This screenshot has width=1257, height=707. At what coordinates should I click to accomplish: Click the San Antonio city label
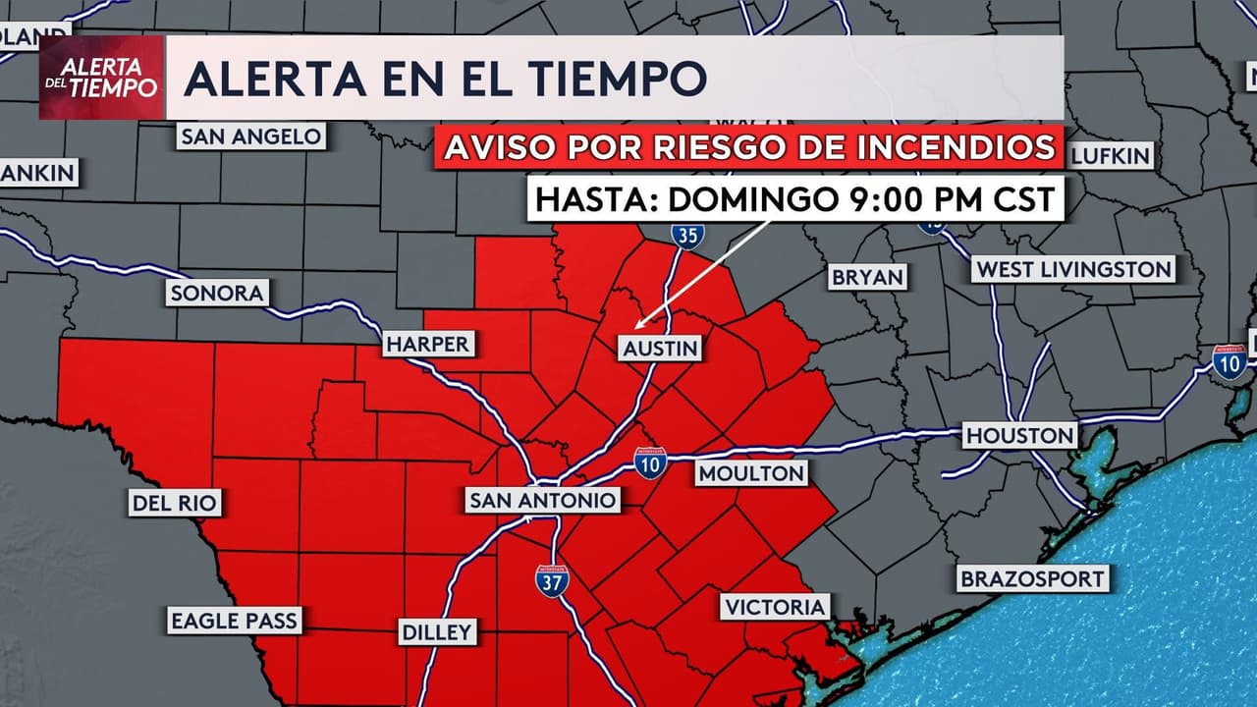pos(543,501)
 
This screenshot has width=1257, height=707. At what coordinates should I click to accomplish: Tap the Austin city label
pos(660,348)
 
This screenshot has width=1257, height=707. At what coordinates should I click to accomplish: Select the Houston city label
pos(1019,435)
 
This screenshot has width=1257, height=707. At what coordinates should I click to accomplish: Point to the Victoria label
pos(776,607)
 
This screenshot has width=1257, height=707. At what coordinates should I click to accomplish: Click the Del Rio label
pos(175,504)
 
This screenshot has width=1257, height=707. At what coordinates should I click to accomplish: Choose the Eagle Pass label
pos(234,621)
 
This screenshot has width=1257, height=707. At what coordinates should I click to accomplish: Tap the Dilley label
pos(437,631)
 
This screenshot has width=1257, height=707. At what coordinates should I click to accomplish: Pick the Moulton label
pos(751,473)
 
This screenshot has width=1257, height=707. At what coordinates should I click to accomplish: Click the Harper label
pos(428,344)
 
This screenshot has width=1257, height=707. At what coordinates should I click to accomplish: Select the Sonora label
pos(216,293)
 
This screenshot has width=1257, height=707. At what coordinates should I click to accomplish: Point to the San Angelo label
pos(251,136)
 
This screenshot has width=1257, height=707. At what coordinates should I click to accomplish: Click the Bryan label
pos(867,277)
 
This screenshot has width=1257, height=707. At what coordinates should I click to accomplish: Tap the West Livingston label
pos(1073,269)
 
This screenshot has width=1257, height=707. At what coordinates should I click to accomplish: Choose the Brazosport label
pos(1032,578)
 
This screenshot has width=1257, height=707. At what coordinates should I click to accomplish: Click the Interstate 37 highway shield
pos(551,580)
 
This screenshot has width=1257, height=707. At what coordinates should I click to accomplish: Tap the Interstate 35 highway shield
pos(687,234)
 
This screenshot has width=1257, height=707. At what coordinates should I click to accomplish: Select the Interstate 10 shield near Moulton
pos(650,462)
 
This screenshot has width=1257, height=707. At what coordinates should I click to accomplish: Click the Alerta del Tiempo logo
pos(101,78)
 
